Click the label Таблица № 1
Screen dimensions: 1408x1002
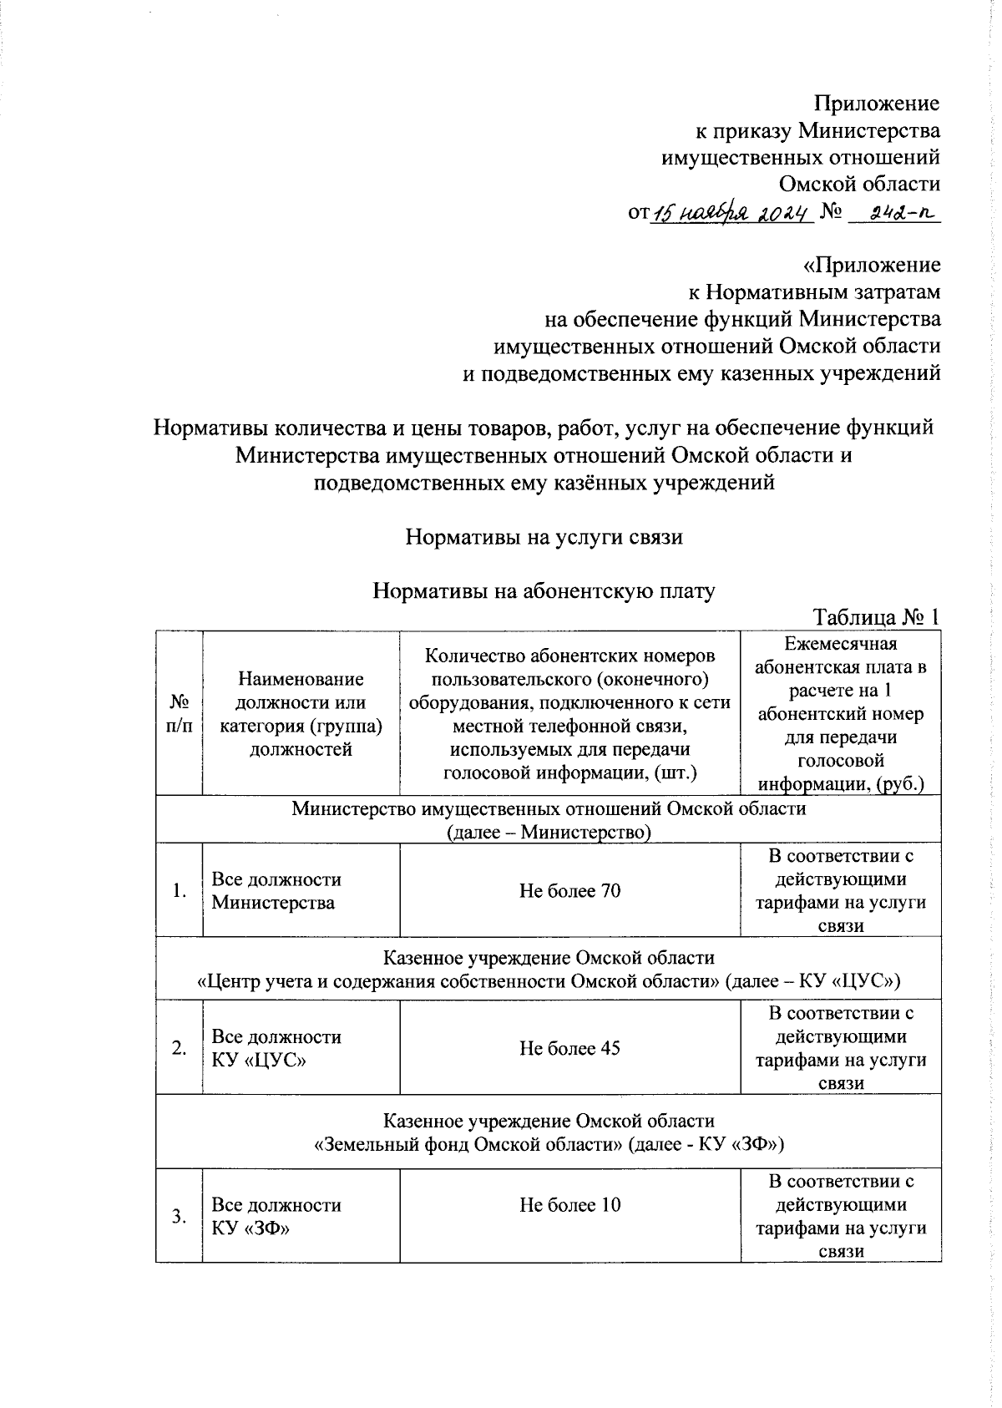877,616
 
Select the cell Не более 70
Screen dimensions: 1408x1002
569,890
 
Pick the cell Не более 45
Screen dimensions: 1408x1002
569,1047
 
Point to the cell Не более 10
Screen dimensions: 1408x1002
569,1204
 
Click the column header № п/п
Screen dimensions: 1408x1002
179,713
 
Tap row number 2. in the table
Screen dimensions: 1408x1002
179,1047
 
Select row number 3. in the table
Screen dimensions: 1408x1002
179,1216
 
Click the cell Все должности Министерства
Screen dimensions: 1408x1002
276,890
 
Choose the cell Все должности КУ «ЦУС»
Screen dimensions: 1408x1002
276,1048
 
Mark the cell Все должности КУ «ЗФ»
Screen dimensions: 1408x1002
276,1216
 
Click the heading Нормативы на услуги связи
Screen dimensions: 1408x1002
544,537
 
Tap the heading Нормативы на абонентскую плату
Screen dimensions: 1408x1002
544,590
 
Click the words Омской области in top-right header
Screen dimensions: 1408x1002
859,184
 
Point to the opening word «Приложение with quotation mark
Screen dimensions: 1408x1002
871,265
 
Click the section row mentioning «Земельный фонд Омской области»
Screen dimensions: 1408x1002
549,1142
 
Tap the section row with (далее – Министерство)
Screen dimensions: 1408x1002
549,832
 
